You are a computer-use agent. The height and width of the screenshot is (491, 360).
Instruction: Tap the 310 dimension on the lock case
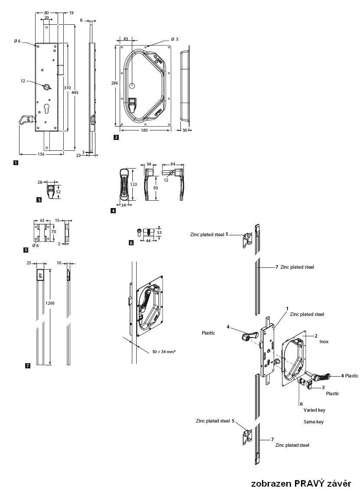[67, 88]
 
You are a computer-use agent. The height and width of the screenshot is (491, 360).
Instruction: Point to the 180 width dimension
[146, 130]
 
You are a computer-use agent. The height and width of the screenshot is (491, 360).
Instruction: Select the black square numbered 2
[116, 137]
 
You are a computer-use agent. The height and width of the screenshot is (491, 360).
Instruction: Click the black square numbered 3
[39, 200]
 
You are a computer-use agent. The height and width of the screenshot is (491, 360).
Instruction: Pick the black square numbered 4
[113, 211]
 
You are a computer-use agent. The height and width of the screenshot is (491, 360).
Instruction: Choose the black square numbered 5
[26, 250]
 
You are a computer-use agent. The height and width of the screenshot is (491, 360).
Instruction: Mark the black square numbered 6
[131, 243]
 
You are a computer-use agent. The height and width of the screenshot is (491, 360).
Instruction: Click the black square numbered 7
[28, 366]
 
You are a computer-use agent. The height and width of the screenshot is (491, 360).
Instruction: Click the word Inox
[324, 341]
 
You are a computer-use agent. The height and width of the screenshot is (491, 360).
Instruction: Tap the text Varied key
[314, 410]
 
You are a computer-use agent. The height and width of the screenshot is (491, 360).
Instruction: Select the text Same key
[314, 422]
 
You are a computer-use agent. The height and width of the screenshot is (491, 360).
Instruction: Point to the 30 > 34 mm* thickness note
[164, 351]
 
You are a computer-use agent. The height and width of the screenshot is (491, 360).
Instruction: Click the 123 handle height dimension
[134, 184]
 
